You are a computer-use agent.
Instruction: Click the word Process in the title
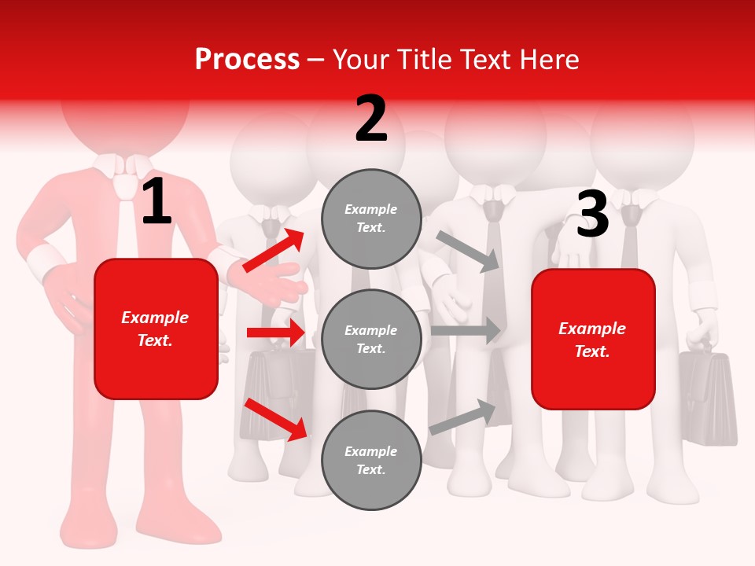[247, 60]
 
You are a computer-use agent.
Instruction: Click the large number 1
[157, 201]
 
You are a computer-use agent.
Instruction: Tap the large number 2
[371, 119]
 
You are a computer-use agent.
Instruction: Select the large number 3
[592, 215]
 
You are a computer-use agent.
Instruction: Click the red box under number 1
[156, 329]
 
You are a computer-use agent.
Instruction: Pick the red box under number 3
[593, 340]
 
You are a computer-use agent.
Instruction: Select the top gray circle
[371, 219]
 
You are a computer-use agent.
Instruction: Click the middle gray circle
[371, 339]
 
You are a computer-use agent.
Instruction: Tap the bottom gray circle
[371, 460]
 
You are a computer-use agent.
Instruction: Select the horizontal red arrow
[275, 333]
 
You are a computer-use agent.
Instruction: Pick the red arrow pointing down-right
[276, 419]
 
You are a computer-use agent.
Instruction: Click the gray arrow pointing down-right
[469, 251]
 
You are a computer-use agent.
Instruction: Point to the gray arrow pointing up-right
[463, 417]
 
